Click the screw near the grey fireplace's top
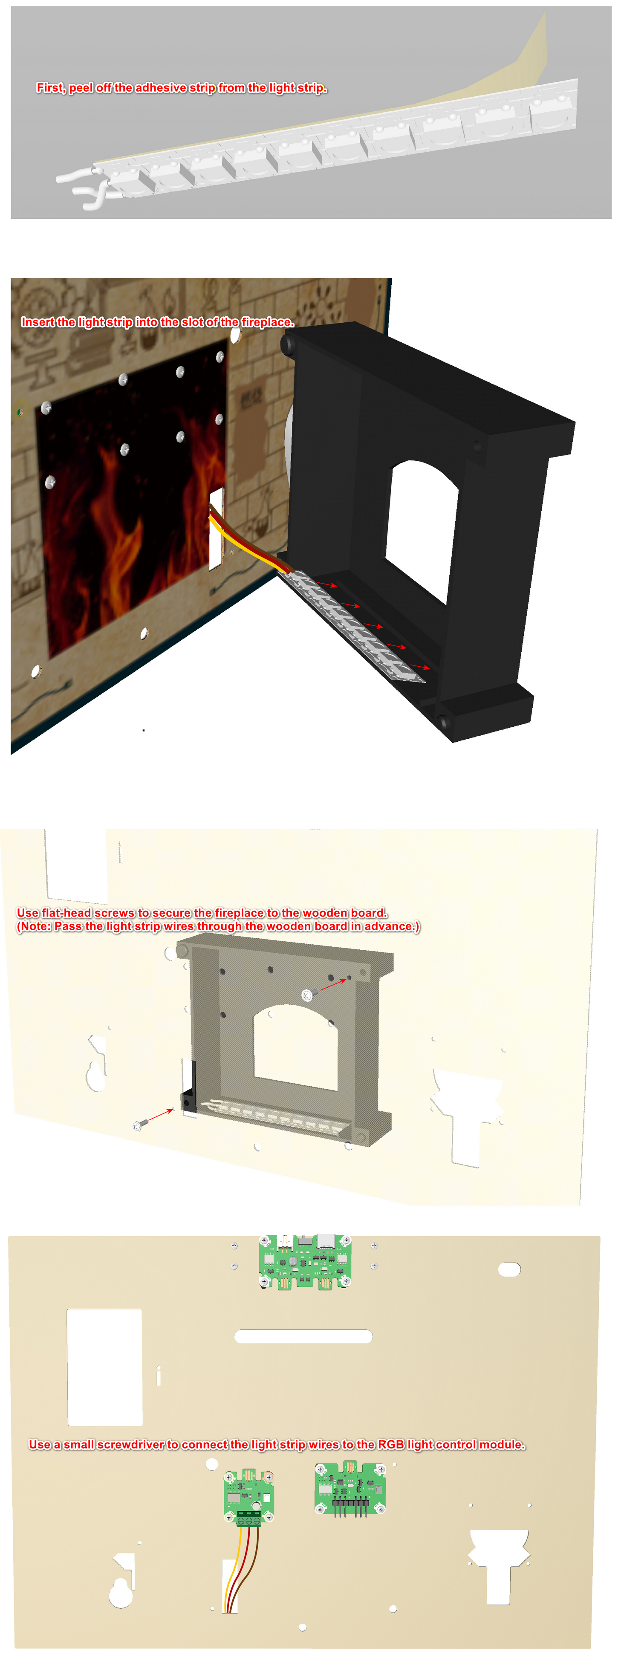307,995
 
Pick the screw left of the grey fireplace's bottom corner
139,1125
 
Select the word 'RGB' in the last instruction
390,1445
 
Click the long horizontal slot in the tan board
304,1336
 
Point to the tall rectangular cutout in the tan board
105,1367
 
